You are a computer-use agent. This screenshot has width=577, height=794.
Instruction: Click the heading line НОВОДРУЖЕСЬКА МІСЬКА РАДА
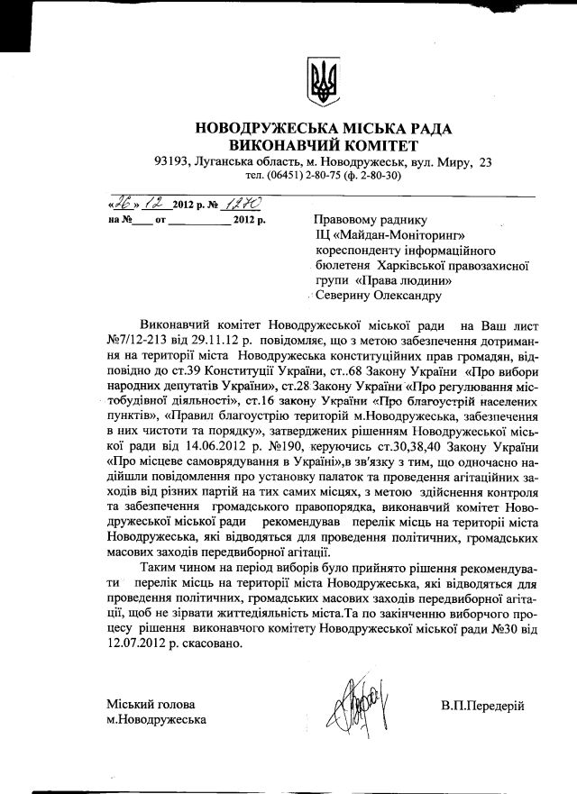pos(324,128)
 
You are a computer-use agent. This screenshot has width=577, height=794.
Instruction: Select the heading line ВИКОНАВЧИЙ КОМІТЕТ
pos(324,145)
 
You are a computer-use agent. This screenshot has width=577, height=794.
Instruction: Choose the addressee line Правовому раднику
pos(367,219)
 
